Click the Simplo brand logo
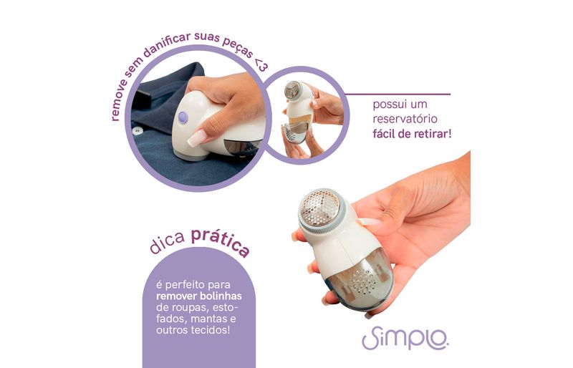coord(405,338)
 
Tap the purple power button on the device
coord(183,117)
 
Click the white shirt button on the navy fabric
coord(138,130)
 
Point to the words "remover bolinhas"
coord(199,296)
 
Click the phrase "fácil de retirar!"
coord(412,134)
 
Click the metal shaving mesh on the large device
coord(319,207)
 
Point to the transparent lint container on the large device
coord(356,284)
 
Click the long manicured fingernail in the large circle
coord(196,138)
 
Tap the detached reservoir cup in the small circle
coord(294,132)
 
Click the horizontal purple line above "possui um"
coord(398,95)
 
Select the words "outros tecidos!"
coord(193,330)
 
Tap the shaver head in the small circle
coord(293,90)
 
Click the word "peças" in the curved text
coord(237,47)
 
